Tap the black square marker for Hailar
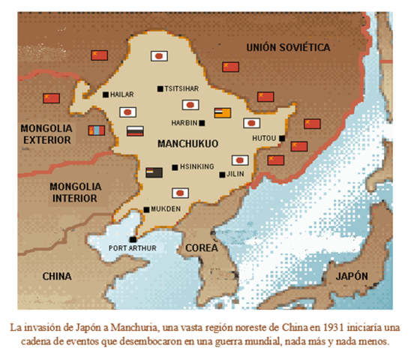[106, 94]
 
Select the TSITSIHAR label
[181, 88]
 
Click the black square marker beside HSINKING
[175, 167]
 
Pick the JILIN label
[235, 175]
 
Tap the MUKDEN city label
[166, 209]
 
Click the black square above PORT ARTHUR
[133, 239]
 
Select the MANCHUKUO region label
[187, 142]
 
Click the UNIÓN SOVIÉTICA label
[288, 47]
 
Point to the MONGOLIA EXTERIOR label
[46, 134]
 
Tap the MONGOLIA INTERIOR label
[73, 192]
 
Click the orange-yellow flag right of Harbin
[223, 112]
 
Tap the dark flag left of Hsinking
[154, 172]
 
